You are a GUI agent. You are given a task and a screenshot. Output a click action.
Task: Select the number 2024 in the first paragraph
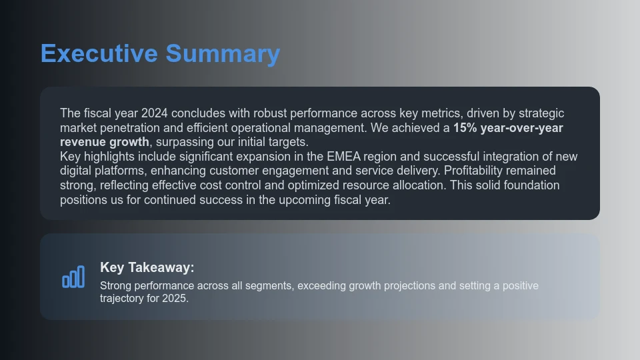(x=155, y=113)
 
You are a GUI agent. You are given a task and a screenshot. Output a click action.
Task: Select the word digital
(x=77, y=171)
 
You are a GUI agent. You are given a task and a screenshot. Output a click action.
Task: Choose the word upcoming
(x=313, y=200)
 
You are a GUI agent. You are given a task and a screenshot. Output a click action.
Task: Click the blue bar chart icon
(x=73, y=277)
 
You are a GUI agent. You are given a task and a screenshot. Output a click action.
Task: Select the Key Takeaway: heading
(x=147, y=267)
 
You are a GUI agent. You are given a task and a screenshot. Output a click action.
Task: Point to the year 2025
(x=174, y=299)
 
